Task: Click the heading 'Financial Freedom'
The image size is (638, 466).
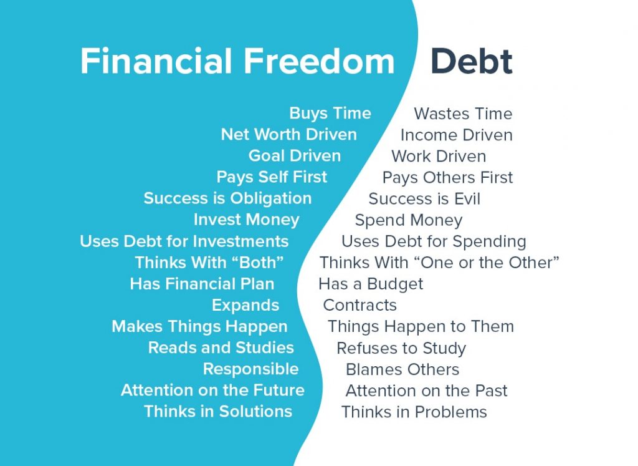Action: (x=237, y=61)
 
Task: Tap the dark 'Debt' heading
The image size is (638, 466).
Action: (x=471, y=61)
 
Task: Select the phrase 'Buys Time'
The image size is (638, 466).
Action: (x=330, y=114)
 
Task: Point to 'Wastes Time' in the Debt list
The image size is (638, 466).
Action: (x=463, y=114)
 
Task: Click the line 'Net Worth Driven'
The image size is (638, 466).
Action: (x=288, y=134)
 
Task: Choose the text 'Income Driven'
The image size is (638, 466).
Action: (x=456, y=135)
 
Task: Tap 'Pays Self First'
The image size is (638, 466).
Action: (x=272, y=177)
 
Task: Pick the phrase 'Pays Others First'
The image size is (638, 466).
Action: (x=447, y=178)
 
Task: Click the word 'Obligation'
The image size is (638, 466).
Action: (x=270, y=199)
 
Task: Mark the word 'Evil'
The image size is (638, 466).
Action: (x=467, y=199)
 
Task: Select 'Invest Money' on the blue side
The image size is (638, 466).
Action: (x=246, y=220)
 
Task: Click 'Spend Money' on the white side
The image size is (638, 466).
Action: (x=409, y=220)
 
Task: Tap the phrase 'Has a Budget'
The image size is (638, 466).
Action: (x=371, y=284)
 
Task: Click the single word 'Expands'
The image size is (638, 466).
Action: (x=245, y=306)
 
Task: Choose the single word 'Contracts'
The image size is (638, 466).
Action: (x=359, y=305)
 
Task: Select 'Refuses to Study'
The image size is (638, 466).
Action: (x=401, y=348)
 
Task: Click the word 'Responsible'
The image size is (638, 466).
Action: (x=250, y=369)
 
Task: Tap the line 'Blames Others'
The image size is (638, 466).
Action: (x=402, y=369)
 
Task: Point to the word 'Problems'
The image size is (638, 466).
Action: (x=451, y=412)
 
